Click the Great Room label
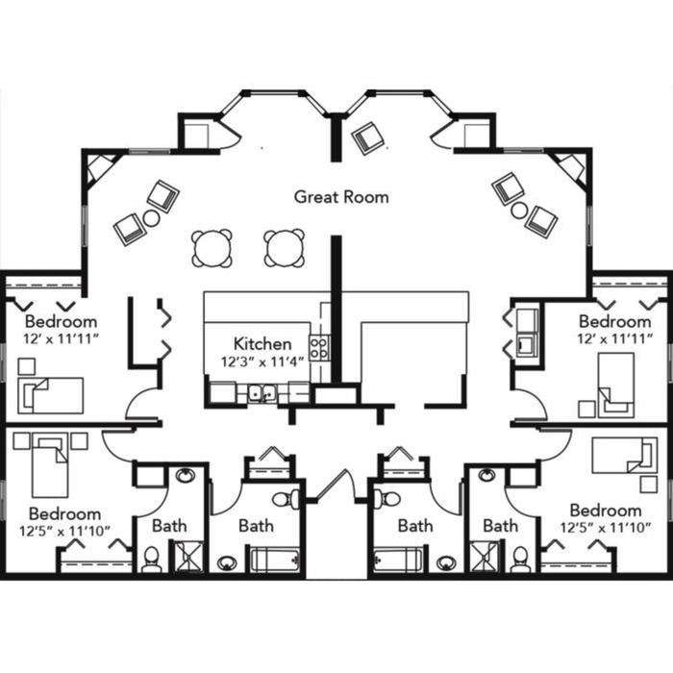point(341,197)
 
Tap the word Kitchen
point(262,344)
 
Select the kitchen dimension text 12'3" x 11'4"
point(262,361)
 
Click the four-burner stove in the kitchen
point(319,348)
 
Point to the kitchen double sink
point(262,393)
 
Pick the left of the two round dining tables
point(212,248)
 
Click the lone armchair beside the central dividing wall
point(368,138)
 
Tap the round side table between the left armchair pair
point(152,218)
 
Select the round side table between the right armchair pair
point(519,211)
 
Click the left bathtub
point(275,559)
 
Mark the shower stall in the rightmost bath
point(485,557)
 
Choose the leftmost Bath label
point(169,526)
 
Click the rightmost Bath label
point(501,525)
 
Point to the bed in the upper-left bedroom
point(50,395)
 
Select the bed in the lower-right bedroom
point(625,456)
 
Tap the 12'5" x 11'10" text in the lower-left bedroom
point(64,532)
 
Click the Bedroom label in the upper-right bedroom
point(614,321)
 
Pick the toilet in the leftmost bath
point(151,560)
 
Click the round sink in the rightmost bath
point(486,475)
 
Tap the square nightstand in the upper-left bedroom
point(27,366)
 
